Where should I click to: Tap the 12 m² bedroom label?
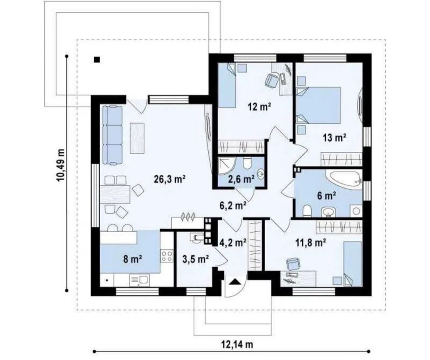[x=260, y=107]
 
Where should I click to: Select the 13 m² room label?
[x=334, y=138]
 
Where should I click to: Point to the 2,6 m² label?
[x=241, y=179]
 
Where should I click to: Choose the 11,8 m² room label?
[x=310, y=242]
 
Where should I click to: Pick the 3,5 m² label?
[x=196, y=258]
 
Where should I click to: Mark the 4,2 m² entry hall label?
[x=233, y=242]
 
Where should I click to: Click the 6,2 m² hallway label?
[x=233, y=206]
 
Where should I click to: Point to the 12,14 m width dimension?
[x=237, y=345]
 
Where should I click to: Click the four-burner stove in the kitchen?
[x=167, y=256]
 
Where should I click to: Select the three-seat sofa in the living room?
[x=112, y=135]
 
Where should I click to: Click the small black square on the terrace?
[x=96, y=59]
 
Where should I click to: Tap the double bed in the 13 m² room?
[x=319, y=105]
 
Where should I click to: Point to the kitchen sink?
[x=140, y=280]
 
